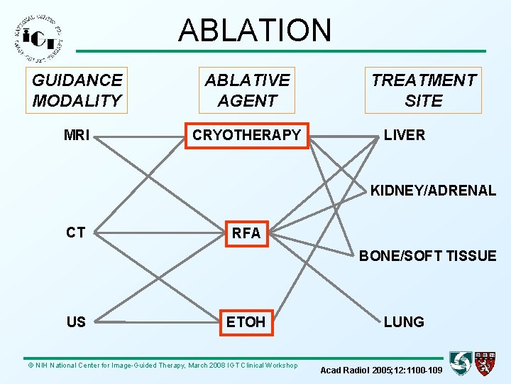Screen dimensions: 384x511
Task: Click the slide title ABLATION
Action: tap(255, 30)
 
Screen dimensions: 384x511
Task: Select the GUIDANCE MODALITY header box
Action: tap(77, 90)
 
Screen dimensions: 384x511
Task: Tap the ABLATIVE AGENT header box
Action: tap(247, 90)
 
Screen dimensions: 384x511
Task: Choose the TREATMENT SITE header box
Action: tap(423, 90)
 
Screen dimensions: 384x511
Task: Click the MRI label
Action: tap(77, 135)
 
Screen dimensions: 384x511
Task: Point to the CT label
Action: tap(76, 232)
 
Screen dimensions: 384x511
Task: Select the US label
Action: tap(76, 322)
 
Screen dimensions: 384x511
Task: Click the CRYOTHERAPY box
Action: tap(247, 135)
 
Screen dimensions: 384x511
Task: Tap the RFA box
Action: tap(246, 233)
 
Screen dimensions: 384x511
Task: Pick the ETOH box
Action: tap(246, 322)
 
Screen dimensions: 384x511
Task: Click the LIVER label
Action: tap(405, 135)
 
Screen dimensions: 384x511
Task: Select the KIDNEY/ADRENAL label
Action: tap(433, 190)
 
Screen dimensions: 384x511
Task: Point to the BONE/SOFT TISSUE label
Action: tap(427, 256)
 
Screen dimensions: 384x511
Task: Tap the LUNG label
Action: tap(404, 322)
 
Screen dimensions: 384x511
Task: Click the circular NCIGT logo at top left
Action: tap(38, 39)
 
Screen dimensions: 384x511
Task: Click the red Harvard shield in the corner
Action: tap(486, 363)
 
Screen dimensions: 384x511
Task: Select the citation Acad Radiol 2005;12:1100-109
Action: tap(381, 370)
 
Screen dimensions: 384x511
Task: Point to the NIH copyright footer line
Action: tap(163, 366)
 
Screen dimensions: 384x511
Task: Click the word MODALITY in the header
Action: tap(77, 100)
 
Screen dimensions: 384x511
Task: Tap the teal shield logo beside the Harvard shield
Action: tap(461, 363)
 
